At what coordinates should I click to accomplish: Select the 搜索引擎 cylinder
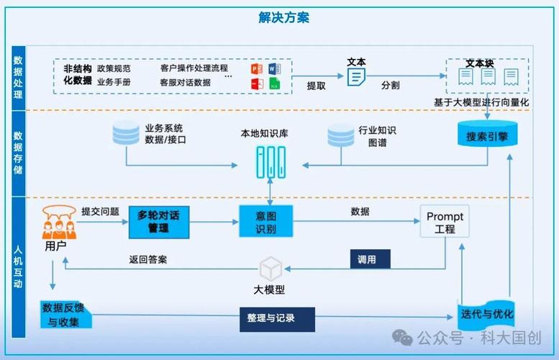click(486, 135)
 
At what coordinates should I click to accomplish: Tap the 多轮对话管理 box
click(158, 221)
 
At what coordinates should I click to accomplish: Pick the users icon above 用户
click(59, 222)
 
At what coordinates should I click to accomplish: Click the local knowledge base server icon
click(269, 163)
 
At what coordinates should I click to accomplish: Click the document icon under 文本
click(355, 76)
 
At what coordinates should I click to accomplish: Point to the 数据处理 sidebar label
click(19, 79)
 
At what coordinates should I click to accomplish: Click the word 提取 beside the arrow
click(317, 86)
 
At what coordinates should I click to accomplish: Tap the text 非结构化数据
click(77, 74)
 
